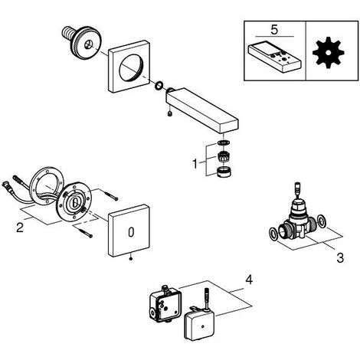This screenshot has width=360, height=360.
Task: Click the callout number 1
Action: point(195,164)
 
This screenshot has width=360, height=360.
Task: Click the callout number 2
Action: point(20,227)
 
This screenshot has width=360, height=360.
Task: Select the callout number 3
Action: point(340,258)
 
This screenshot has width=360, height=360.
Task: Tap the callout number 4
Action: point(249,280)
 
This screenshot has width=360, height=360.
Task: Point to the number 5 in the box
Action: point(274,30)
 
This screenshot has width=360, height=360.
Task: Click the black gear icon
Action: point(329,52)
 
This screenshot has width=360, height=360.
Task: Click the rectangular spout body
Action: point(202,110)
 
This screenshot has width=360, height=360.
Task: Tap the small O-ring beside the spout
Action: point(159,86)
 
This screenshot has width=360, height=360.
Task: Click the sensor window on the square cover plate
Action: point(131,232)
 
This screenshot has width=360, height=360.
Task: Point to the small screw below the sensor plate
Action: point(131,259)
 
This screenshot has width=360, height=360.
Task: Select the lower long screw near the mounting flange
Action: point(85,233)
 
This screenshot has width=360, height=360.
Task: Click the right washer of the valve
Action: point(322,221)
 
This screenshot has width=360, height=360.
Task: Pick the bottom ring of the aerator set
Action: point(224,172)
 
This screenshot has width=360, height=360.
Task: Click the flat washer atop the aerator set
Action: point(224,142)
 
